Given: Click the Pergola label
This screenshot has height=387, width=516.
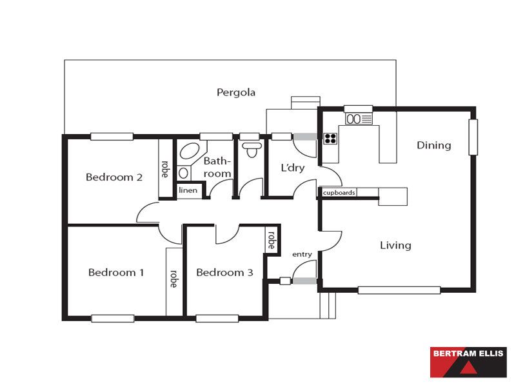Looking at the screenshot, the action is [x=236, y=92].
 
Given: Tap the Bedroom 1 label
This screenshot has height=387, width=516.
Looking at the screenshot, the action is [x=116, y=272].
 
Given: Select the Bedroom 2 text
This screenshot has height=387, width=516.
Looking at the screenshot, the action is [x=114, y=177].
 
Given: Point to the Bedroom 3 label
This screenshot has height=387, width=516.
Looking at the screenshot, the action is [x=224, y=272].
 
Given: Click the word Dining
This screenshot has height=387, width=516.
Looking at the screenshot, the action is [x=433, y=146].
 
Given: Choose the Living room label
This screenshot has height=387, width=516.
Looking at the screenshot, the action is [x=395, y=245].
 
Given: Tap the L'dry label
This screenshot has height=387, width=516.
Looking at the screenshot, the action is [x=293, y=168].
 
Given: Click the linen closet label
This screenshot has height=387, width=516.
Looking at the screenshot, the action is [x=188, y=190].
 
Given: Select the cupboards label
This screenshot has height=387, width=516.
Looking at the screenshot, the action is [x=339, y=192].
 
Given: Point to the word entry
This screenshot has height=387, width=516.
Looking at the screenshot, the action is [x=302, y=254].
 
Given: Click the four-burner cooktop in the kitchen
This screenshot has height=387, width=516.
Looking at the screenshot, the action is [x=330, y=139].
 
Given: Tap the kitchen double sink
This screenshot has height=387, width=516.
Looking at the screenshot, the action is [x=359, y=119].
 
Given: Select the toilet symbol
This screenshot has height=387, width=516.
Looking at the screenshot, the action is [x=252, y=150].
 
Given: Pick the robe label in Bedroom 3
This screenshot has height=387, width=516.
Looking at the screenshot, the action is [x=272, y=240].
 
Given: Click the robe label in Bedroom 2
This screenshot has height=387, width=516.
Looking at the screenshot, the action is [x=165, y=169].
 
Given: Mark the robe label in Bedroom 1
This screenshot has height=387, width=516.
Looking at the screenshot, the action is [x=174, y=279].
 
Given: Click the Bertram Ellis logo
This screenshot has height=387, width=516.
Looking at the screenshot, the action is [x=468, y=362].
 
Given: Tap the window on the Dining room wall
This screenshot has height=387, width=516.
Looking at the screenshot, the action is [x=473, y=137].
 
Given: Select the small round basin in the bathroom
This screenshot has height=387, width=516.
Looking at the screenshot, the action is [x=184, y=173].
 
